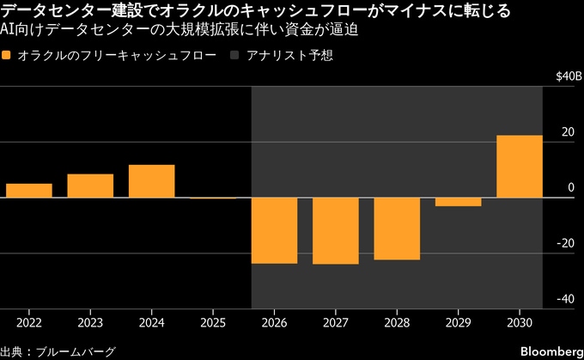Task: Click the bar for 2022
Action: tap(28, 191)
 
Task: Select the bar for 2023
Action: tap(90, 186)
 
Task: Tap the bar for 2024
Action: tap(152, 181)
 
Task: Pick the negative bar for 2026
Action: tap(274, 230)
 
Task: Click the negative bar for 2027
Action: tap(336, 230)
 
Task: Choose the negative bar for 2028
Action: tap(397, 229)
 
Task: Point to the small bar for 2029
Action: tap(458, 202)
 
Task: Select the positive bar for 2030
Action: tap(520, 167)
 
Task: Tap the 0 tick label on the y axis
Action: tap(570, 187)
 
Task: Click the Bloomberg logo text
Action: tap(551, 351)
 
